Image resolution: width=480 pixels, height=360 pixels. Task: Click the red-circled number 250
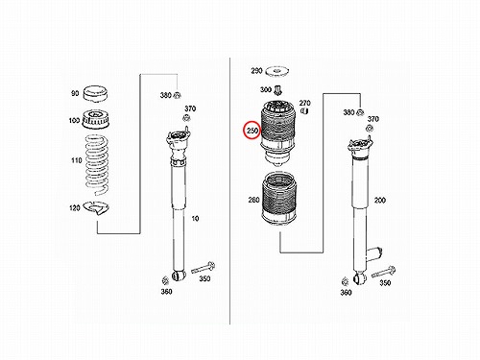point(252,131)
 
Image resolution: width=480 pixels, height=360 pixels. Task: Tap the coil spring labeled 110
point(96,165)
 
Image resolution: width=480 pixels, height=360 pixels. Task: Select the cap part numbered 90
point(95,94)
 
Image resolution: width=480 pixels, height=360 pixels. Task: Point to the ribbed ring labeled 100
point(95,119)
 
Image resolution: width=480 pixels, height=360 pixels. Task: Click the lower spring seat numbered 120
point(97,208)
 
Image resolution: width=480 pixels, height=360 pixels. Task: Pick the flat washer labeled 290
point(277,71)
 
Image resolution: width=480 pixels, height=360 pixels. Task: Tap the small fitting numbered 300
point(277,90)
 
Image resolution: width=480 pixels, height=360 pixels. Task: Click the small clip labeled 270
point(304,111)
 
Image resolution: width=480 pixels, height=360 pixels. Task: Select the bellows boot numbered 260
point(278,200)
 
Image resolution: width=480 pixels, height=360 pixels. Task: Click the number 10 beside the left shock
point(195,219)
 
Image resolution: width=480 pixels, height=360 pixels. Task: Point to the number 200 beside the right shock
point(380,201)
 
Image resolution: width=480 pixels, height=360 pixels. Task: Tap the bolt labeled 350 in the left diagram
point(203,268)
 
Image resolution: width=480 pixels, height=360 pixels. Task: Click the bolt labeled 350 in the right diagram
point(383,272)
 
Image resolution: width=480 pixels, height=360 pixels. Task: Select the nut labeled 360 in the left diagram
point(165,280)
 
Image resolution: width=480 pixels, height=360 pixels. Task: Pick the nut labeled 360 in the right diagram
point(345,281)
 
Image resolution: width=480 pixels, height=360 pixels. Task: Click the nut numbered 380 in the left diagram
point(177,95)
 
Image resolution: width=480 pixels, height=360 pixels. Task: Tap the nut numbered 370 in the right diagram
point(369,129)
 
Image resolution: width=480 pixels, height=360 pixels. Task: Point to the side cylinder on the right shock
point(374,254)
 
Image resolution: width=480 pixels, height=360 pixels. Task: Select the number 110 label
point(77,160)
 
